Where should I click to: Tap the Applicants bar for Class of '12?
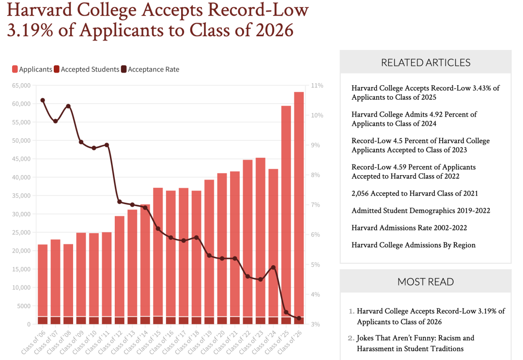pyautogui.click(x=120, y=266)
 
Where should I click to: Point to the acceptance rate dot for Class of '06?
pyautogui.click(x=43, y=100)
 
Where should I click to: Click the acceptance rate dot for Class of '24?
pyautogui.click(x=273, y=267)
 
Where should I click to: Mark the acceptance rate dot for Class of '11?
pyautogui.click(x=107, y=145)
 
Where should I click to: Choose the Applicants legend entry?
pyautogui.click(x=32, y=69)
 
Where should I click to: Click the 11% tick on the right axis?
pyautogui.click(x=318, y=85)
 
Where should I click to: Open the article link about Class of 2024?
pyautogui.click(x=414, y=119)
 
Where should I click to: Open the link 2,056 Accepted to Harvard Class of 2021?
pyautogui.click(x=415, y=194)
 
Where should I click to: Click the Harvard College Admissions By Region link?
pyautogui.click(x=414, y=245)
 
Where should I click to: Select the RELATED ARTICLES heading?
pyautogui.click(x=426, y=62)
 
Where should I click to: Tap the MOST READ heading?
pyautogui.click(x=426, y=282)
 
